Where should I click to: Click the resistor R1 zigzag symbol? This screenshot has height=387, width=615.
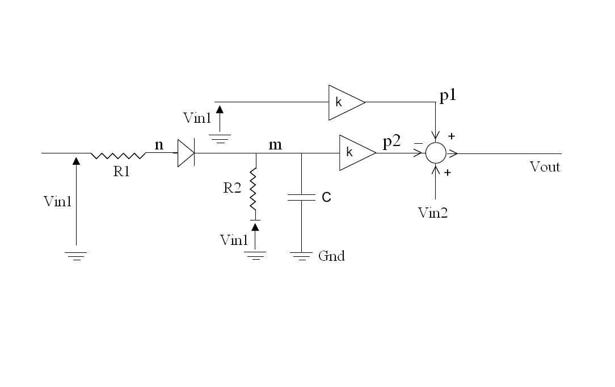(x=118, y=155)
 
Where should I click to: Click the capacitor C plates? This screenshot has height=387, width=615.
(x=301, y=197)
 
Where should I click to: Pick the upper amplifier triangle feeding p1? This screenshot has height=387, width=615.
(x=345, y=102)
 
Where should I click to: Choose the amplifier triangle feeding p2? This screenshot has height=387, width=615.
(x=356, y=152)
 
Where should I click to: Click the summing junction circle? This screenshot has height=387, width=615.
(x=436, y=153)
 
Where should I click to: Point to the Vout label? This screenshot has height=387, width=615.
(x=545, y=167)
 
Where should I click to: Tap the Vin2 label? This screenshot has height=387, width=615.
(x=432, y=213)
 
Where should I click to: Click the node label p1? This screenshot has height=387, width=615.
(x=448, y=95)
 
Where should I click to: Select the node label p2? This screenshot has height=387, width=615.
(x=391, y=142)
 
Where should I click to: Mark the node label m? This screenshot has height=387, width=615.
(x=275, y=145)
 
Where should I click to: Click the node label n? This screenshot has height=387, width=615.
(x=159, y=145)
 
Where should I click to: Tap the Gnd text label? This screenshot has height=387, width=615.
(x=331, y=256)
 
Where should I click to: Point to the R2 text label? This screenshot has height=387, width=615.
(x=232, y=188)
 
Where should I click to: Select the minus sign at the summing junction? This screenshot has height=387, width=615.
(x=418, y=144)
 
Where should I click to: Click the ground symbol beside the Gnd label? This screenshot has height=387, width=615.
(x=301, y=256)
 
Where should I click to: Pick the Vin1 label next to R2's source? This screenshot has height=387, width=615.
(x=234, y=240)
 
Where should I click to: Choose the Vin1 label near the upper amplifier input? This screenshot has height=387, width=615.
(x=197, y=118)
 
